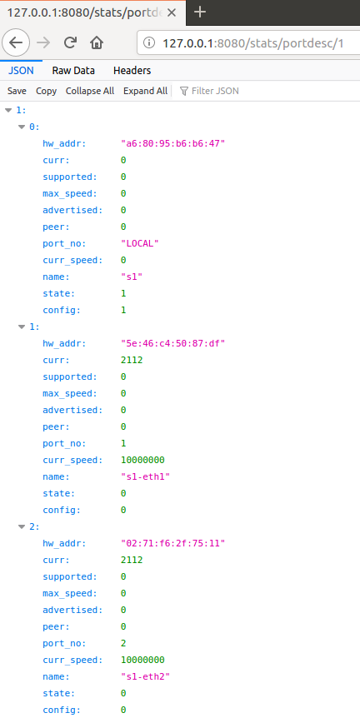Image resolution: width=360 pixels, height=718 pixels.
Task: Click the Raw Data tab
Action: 73,71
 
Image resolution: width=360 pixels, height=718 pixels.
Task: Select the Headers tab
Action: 132,71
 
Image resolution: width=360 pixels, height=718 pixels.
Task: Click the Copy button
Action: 47,91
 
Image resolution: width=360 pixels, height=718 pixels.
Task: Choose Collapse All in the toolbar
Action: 90,91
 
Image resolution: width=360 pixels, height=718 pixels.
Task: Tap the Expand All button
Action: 145,91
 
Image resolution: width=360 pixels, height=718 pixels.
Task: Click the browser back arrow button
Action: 16,43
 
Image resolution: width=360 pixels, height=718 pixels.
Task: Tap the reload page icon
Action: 70,43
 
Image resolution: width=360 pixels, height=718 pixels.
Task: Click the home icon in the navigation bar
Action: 96,43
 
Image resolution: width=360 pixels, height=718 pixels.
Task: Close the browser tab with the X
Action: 172,12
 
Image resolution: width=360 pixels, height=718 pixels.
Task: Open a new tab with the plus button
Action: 200,12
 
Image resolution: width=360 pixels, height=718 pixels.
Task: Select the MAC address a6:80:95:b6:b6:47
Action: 173,144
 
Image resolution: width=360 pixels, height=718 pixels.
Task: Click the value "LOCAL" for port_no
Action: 140,243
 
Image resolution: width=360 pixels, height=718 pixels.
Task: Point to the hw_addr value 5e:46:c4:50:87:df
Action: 173,343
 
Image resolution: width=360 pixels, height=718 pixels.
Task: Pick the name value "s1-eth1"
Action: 145,476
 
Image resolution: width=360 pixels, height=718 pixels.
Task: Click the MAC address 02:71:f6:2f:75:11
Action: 173,544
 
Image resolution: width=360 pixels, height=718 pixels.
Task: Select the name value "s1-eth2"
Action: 145,677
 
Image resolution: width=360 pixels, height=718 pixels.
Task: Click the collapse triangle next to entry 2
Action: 21,526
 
